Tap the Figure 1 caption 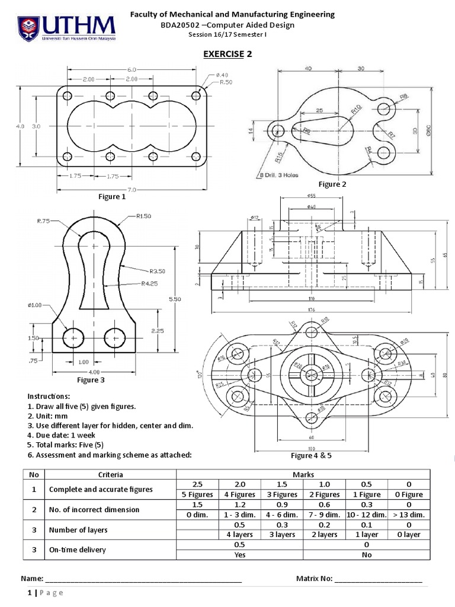[x=112, y=197]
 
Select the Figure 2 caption [x=332, y=184]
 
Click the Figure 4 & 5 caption [x=313, y=455]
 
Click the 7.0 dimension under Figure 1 [x=130, y=190]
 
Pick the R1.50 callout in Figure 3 [x=145, y=216]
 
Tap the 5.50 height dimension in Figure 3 [x=175, y=299]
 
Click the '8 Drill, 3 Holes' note [x=279, y=175]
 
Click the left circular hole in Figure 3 [x=73, y=338]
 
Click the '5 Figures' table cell [x=198, y=494]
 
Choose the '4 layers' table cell [x=240, y=534]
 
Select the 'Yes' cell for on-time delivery [x=240, y=555]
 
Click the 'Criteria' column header [x=111, y=474]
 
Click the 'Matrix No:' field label [x=314, y=579]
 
